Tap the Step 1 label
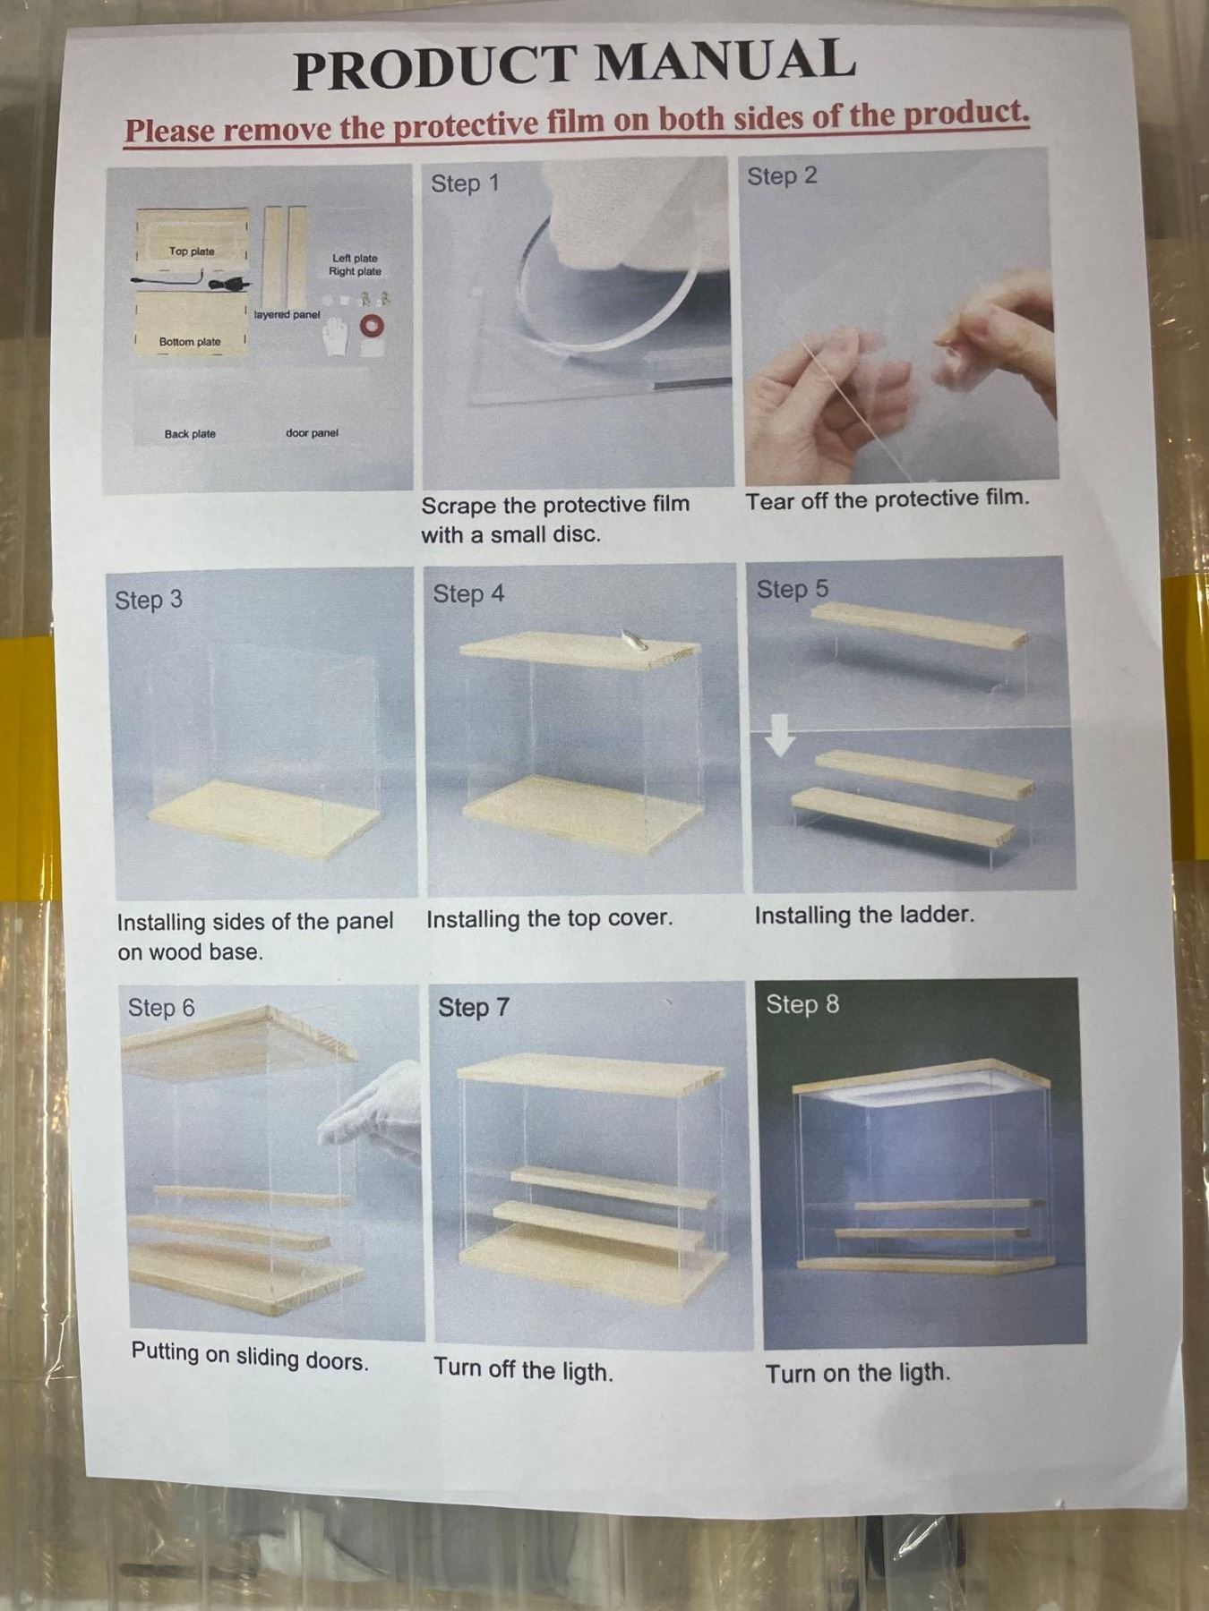[x=465, y=183]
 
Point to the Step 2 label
[x=782, y=176]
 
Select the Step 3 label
[x=148, y=600]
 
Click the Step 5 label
[x=793, y=590]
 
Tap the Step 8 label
[x=802, y=1004]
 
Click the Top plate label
[x=192, y=251]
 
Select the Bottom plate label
[x=190, y=342]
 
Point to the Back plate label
[x=190, y=434]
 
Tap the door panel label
[x=312, y=433]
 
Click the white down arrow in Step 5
[x=780, y=737]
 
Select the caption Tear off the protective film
[x=887, y=499]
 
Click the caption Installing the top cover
[x=549, y=919]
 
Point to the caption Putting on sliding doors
[x=250, y=1357]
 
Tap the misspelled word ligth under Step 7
[x=585, y=1371]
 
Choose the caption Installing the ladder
[x=864, y=916]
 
